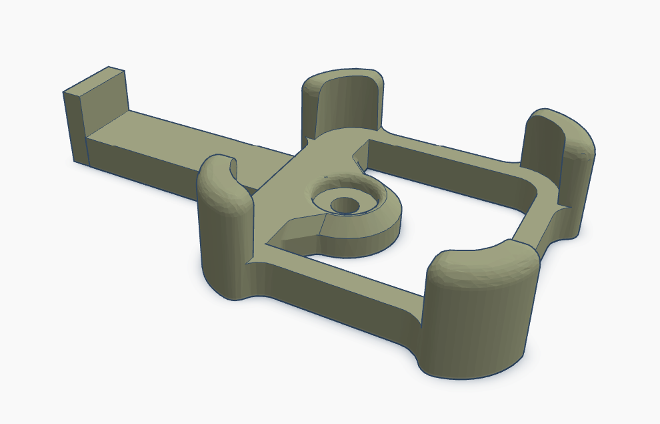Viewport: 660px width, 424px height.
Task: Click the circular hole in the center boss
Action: pos(345,204)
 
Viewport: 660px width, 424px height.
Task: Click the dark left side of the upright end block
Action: pos(75,127)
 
